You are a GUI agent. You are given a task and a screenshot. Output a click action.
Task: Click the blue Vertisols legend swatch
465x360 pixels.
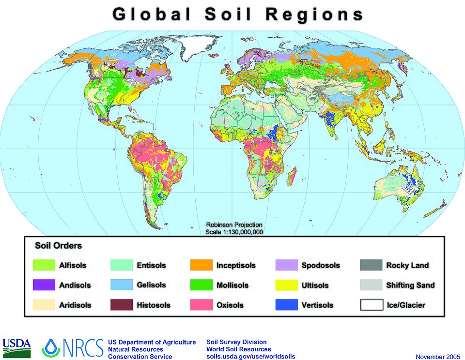(286, 305)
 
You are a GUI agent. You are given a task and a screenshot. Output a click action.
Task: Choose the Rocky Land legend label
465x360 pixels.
(407, 265)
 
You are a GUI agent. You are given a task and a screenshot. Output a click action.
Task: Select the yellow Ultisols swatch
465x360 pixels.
(286, 285)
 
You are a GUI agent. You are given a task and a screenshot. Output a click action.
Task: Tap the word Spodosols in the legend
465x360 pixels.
(321, 265)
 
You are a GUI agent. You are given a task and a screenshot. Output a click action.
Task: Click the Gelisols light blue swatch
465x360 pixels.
(121, 285)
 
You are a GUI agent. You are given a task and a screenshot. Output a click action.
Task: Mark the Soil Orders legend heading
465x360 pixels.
(58, 245)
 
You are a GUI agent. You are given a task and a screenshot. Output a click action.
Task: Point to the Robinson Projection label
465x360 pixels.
(234, 225)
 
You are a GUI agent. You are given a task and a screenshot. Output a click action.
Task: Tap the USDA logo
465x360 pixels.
(16, 346)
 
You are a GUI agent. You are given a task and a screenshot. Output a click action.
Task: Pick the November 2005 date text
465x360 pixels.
(436, 357)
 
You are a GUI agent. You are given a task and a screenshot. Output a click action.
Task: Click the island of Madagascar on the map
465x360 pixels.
(292, 173)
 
